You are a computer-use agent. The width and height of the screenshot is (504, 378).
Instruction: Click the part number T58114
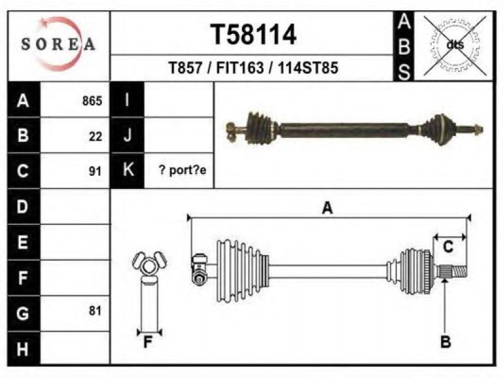click(253, 35)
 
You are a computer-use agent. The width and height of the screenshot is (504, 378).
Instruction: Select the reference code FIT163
click(240, 68)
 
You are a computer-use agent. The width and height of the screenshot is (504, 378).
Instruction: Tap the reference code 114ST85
click(308, 68)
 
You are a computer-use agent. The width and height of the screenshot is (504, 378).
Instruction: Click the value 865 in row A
click(92, 101)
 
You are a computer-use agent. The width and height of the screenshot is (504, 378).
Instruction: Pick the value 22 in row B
click(96, 137)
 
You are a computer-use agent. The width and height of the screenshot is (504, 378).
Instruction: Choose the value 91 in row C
click(95, 171)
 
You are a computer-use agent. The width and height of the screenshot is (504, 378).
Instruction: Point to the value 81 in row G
click(95, 311)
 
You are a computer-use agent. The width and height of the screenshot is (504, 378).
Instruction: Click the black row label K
click(127, 170)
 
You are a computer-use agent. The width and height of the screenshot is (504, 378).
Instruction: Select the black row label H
click(23, 348)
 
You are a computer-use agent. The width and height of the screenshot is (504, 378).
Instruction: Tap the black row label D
click(23, 207)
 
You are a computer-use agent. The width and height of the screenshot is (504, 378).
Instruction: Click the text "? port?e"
click(183, 170)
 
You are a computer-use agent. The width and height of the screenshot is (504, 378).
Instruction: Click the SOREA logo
click(58, 44)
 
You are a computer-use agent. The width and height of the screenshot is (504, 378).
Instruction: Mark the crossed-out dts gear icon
click(455, 45)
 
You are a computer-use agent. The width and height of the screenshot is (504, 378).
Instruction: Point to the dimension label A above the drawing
click(327, 208)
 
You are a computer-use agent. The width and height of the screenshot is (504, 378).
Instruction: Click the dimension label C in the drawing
click(448, 247)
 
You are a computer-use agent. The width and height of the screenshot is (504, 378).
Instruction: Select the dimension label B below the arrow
click(445, 341)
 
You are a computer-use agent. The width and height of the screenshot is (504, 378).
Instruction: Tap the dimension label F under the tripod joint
click(147, 342)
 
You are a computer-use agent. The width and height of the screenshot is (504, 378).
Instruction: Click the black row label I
click(127, 100)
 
